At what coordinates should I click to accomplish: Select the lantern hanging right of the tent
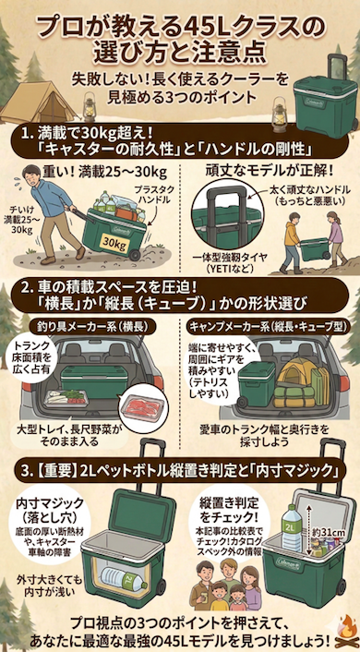pos(90,102)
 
